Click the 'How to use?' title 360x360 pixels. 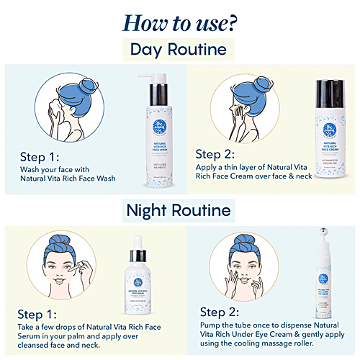tap(179, 22)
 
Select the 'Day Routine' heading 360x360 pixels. tap(179, 50)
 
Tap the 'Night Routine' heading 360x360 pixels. tap(179, 210)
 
